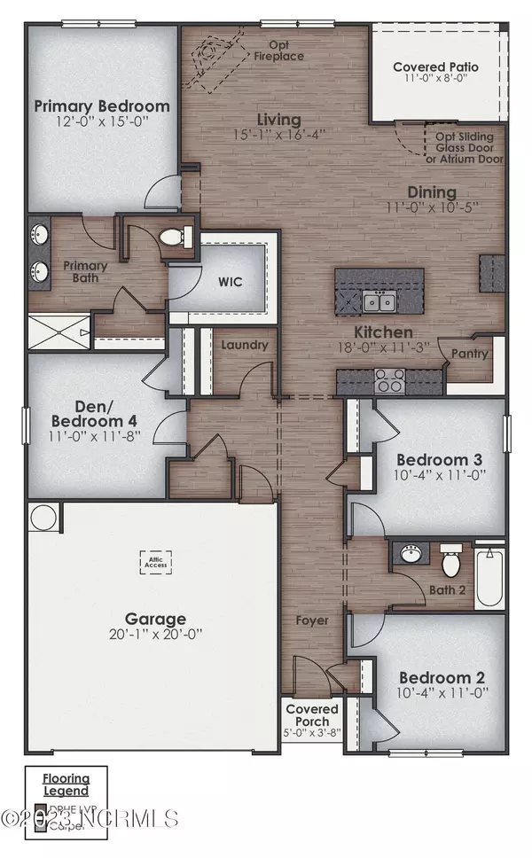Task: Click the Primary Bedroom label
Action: [x=102, y=106]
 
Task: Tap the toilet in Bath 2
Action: [x=451, y=562]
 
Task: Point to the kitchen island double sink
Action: [x=379, y=302]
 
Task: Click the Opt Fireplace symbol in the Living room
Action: [x=211, y=55]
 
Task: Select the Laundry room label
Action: [x=239, y=344]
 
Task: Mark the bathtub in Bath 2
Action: [x=489, y=580]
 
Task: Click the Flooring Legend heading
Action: [x=66, y=784]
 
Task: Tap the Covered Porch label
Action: [x=312, y=715]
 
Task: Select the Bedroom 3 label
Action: [x=439, y=460]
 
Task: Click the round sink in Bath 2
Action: [x=411, y=556]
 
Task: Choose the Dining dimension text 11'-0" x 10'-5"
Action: [x=432, y=208]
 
